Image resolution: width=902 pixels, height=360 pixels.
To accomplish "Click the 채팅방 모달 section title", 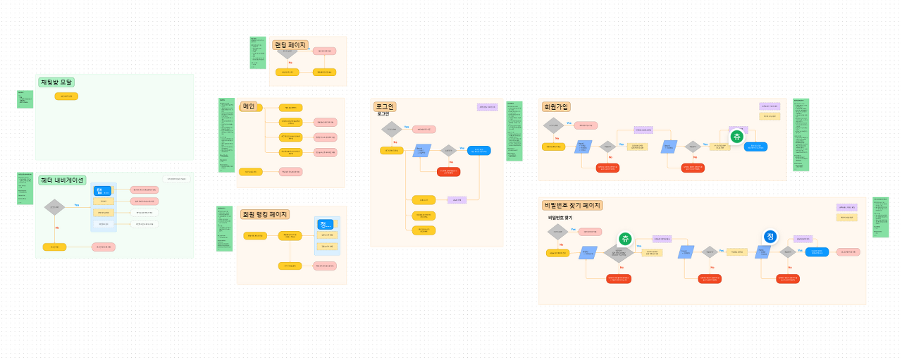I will pos(56,82).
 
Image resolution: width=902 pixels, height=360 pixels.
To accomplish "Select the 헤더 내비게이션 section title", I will pos(63,180).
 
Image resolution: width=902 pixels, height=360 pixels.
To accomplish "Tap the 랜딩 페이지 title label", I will pos(290,45).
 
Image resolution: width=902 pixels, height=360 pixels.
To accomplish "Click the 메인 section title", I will pos(249,106).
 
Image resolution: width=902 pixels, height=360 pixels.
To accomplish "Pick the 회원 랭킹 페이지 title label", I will pos(264,214).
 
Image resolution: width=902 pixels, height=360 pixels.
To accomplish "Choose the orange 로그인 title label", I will pos(385,106).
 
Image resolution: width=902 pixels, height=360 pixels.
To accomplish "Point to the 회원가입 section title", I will pos(556,106).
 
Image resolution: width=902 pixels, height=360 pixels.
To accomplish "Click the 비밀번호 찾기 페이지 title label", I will pos(572,205).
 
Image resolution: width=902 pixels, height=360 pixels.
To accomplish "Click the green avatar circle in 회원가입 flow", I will pos(737,137).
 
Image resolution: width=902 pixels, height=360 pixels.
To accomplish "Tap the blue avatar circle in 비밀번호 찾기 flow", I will pos(770,237).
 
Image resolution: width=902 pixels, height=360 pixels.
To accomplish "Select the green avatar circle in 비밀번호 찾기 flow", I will pos(625,240).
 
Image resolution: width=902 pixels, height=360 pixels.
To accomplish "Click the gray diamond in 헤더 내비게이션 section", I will pos(54,207).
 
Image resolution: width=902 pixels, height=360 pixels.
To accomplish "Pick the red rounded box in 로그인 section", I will pos(448,171).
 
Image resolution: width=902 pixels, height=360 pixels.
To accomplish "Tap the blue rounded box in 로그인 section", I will pos(479,150).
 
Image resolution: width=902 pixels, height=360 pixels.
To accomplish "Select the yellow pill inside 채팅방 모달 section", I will pos(66,96).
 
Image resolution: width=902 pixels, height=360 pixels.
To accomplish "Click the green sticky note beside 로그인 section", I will pos(514,131).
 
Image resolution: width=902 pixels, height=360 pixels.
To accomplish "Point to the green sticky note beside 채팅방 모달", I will pos(25,99).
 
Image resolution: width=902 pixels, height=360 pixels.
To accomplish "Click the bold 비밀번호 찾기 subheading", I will pos(560,218).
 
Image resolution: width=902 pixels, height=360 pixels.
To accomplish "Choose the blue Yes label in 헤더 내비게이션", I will pos(77,205).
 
